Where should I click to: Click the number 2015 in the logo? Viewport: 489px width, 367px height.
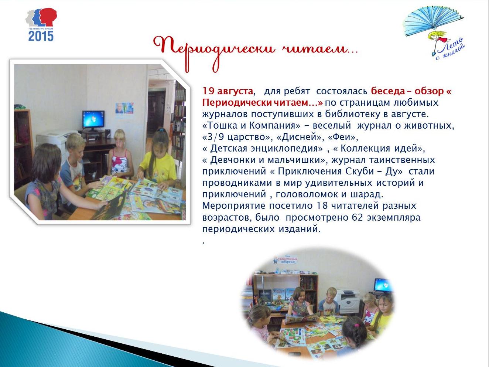41,36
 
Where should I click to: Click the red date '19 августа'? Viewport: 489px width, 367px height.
228,91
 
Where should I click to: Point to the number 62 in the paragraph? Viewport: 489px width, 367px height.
358,217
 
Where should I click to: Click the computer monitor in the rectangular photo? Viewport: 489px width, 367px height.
93,120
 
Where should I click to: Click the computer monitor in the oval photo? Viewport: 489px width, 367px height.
383,285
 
